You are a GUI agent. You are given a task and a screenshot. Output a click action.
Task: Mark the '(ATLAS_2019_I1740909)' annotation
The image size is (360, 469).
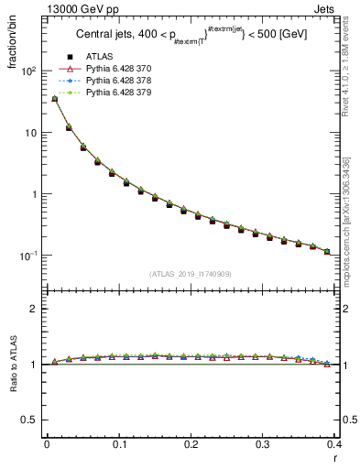point(191,274)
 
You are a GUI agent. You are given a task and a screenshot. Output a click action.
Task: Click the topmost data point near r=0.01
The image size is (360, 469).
point(54,98)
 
